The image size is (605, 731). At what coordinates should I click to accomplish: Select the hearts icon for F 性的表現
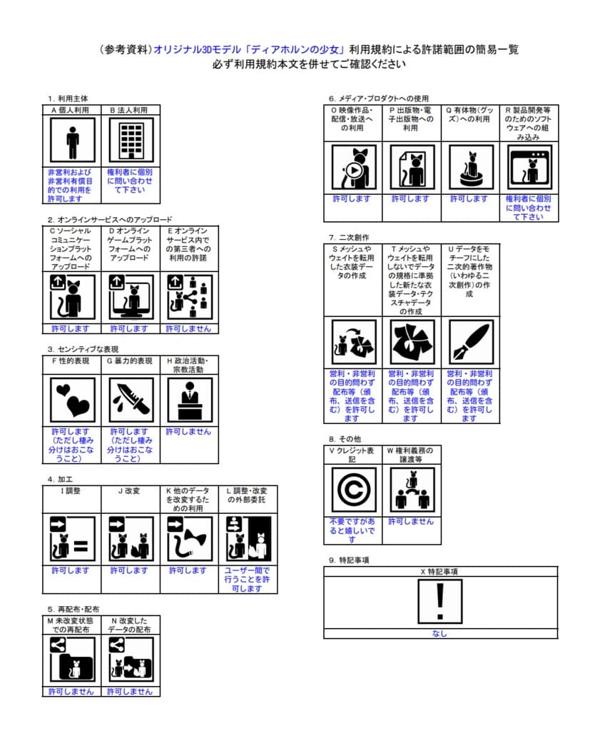coord(72,400)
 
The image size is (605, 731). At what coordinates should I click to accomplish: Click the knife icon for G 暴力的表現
coord(131,400)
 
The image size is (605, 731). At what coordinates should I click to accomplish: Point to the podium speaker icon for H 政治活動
coord(189,400)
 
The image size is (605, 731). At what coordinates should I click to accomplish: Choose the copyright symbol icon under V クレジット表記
coord(353,490)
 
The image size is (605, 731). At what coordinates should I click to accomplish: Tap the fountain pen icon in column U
coord(470,342)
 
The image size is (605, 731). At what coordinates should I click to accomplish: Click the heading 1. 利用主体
coord(68,99)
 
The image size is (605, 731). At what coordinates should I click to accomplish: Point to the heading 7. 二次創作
coord(350,237)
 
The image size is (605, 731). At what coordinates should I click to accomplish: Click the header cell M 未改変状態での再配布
coord(71,625)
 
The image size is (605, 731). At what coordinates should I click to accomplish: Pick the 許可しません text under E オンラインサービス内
coord(189,328)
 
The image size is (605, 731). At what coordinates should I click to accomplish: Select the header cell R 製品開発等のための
coord(529,123)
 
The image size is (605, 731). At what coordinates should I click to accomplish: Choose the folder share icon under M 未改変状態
coord(72,660)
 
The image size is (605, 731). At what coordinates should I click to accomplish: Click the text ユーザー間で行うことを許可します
coord(248,580)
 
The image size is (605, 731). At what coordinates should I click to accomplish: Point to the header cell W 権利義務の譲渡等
coord(412,455)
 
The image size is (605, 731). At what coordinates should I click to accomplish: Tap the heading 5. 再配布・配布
coord(73,609)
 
